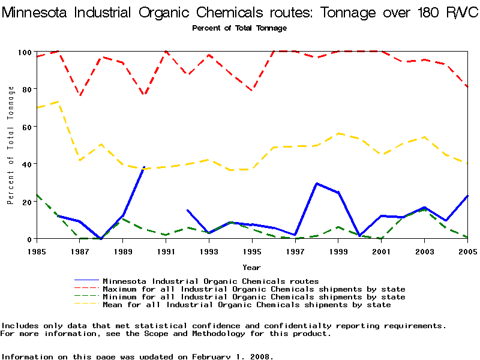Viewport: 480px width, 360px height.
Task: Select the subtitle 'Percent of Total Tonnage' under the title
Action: click(239, 28)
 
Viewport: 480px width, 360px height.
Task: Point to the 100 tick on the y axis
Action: click(24, 52)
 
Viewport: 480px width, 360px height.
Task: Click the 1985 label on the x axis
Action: click(37, 251)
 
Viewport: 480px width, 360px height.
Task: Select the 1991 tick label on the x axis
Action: click(166, 251)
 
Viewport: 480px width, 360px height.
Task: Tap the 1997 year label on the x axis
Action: click(295, 251)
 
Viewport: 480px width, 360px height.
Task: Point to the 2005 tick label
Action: click(467, 251)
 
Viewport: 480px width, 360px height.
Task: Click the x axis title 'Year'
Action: click(251, 267)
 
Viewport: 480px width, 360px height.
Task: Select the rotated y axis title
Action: click(11, 145)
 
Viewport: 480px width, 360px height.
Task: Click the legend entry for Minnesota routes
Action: click(211, 281)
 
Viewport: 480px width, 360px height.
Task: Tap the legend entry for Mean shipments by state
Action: click(247, 305)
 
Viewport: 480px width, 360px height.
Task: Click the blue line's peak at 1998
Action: click(316, 184)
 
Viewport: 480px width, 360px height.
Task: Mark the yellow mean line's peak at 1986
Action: click(58, 102)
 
